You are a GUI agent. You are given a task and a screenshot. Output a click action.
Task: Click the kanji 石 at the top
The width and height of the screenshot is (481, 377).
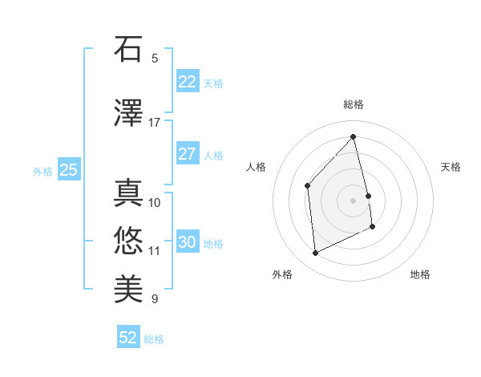(x=128, y=50)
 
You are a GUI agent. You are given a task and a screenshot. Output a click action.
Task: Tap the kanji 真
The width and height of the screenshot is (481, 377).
(x=128, y=192)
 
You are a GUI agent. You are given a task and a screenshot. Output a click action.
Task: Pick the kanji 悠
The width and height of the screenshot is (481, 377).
(x=128, y=238)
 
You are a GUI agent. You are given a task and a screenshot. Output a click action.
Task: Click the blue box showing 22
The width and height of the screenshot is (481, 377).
(x=187, y=82)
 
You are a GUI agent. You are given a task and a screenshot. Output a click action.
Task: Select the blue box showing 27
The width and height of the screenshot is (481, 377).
(x=187, y=154)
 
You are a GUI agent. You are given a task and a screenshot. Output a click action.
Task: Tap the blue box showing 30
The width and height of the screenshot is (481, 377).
(x=187, y=242)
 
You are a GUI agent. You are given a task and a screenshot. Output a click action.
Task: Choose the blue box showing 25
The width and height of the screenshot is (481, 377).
(x=68, y=170)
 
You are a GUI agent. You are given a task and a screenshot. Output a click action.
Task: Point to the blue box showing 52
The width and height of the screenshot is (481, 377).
(x=128, y=338)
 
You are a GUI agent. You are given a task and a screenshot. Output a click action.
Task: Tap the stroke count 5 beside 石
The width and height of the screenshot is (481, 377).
(x=155, y=59)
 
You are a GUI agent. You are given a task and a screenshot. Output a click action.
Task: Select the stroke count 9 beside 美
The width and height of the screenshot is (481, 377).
(x=155, y=299)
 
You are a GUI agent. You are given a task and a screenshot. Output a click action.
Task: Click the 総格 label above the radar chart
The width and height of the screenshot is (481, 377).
(x=354, y=104)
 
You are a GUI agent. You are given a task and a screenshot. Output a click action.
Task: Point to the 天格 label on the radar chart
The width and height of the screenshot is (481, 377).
(x=451, y=167)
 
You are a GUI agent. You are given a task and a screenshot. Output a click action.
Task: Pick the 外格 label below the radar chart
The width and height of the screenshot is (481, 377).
(x=282, y=274)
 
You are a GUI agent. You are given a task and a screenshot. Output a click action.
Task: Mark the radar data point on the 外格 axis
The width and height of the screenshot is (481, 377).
(x=315, y=253)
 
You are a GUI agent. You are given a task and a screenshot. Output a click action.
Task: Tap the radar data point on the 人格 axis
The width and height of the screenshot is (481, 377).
(x=307, y=185)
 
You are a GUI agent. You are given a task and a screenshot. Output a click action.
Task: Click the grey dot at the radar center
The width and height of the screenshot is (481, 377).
(x=354, y=200)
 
